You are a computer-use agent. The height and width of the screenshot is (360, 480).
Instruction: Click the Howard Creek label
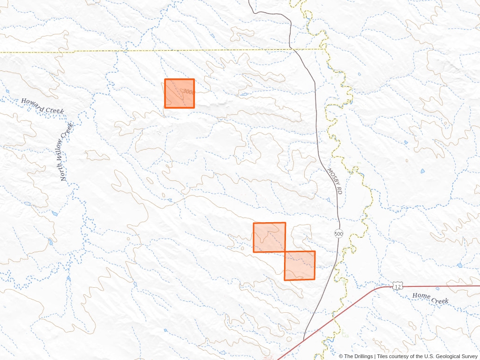[x=42, y=105]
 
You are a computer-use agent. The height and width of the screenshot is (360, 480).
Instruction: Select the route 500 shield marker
[x=338, y=233]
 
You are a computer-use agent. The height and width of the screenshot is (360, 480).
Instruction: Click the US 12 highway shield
[x=397, y=286]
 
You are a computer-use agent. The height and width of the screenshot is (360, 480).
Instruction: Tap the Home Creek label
[x=430, y=298]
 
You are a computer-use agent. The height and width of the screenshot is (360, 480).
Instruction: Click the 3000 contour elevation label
[x=188, y=92]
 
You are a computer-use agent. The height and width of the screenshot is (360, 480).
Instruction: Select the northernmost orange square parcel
[x=179, y=93]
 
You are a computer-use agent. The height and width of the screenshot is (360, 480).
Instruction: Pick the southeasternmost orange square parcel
[x=300, y=265]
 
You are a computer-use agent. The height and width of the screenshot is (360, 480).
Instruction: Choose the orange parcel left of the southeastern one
[x=269, y=237]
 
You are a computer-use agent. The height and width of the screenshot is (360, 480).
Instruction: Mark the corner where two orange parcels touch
[x=285, y=252]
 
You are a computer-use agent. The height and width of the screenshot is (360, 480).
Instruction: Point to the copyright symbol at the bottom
[x=341, y=356]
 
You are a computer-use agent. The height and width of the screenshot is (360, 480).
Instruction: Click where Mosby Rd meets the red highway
[x=304, y=340]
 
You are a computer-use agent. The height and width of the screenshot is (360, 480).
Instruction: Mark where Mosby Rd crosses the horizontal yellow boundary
[x=292, y=49]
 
